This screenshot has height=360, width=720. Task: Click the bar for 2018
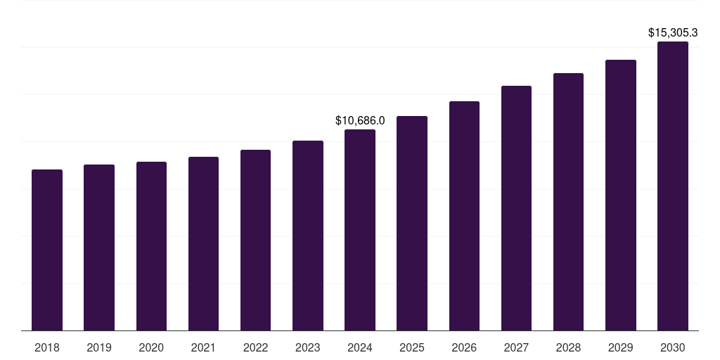47,250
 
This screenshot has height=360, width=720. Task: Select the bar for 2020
151,246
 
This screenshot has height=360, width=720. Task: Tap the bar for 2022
255,240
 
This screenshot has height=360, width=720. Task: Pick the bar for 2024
360,230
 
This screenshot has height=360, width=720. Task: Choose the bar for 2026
464,216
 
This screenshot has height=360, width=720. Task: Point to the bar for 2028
568,202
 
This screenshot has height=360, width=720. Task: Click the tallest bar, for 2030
673,186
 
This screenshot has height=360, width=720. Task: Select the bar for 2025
412,223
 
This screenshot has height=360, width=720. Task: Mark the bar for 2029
621,195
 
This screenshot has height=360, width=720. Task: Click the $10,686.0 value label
360,121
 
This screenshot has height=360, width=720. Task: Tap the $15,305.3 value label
673,32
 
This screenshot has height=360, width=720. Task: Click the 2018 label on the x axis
47,347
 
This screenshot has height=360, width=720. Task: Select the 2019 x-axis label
99,347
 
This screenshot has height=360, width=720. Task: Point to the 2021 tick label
203,347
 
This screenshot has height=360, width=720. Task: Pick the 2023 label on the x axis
308,347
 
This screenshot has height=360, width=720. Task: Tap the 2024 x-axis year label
360,347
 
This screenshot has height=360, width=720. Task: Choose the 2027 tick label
516,347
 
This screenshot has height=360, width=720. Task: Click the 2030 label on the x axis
673,347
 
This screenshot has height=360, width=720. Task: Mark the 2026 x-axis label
464,347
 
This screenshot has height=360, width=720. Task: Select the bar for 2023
308,236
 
